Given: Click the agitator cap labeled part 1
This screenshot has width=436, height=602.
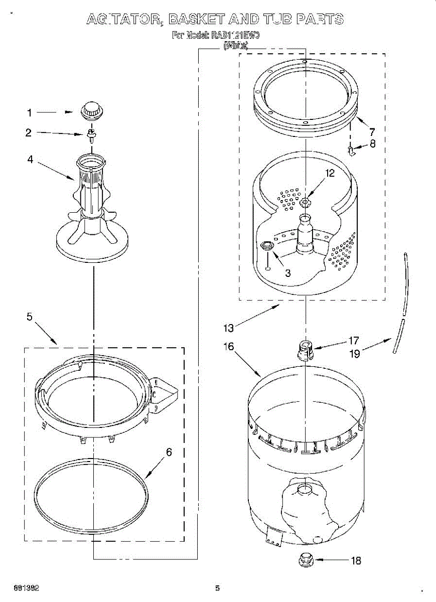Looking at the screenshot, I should tap(91, 110).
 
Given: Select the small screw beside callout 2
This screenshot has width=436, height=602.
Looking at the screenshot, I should tap(92, 134).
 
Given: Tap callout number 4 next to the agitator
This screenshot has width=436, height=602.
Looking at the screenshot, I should tap(30, 160).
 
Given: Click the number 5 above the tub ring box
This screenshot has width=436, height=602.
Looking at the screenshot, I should tap(29, 317).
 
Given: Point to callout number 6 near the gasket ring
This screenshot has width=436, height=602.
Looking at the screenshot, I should tap(169, 452).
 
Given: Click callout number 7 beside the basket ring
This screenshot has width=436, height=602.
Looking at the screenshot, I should tap(372, 132).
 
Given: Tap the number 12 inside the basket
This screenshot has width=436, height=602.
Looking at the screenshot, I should tap(330, 173).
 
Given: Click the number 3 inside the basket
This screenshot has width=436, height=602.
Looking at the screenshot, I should tap(287, 273).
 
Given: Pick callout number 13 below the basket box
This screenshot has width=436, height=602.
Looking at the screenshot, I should tap(228, 328).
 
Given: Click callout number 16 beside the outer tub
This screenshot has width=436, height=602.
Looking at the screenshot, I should tap(228, 347).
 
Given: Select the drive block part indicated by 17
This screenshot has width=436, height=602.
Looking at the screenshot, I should tap(306, 349).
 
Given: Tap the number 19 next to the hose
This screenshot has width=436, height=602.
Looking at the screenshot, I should tap(355, 354).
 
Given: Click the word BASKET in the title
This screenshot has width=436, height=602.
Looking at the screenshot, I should tap(196, 20).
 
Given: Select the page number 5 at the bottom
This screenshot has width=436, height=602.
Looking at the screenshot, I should tap(218, 588).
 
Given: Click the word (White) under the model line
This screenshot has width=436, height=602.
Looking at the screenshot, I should tap(235, 46).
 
